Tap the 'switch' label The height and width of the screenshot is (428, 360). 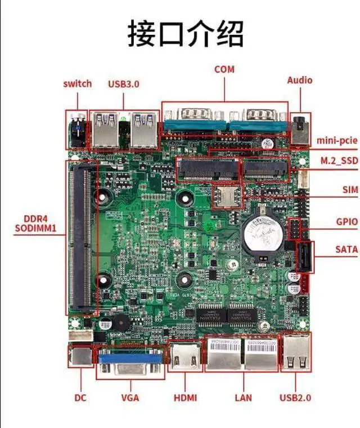pos(77,84)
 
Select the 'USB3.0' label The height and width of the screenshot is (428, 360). pos(123,84)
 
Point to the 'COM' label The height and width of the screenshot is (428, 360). pos(224,69)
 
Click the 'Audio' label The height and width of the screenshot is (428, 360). pos(299,81)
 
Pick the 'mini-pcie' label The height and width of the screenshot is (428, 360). pos(337,139)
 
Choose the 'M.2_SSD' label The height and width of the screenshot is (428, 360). pos(339,161)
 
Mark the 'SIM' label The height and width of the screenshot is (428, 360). pos(350,190)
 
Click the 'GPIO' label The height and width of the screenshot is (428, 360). pos(346,222)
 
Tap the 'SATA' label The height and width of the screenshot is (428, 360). pos(346,248)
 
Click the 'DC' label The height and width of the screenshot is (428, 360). pos(80,398)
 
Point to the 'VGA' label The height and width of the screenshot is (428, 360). pos(130,398)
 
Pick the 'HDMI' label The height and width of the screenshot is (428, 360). pos(185,398)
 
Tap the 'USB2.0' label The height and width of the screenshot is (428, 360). pos(295,398)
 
